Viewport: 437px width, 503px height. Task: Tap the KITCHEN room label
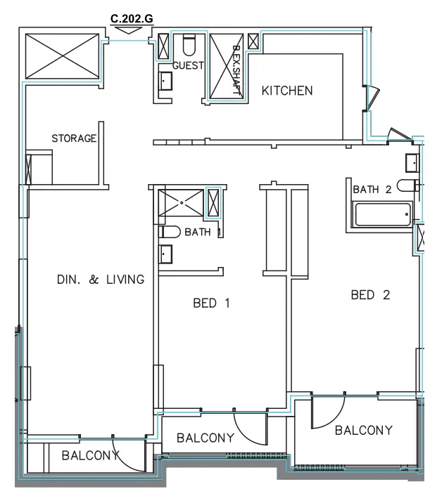tap(287, 91)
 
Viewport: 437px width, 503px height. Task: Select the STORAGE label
tap(74, 138)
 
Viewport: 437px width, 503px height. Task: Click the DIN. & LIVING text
tap(100, 280)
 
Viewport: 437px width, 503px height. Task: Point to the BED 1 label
tap(212, 303)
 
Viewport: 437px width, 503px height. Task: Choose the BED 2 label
tap(370, 295)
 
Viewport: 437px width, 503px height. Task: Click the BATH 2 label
tap(372, 189)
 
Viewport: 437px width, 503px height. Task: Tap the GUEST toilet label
tap(188, 66)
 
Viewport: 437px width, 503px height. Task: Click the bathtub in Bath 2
tap(384, 215)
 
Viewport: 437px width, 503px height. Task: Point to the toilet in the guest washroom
tap(189, 45)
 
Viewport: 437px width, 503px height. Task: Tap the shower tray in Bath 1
tap(182, 202)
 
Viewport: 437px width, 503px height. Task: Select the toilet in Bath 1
tap(171, 231)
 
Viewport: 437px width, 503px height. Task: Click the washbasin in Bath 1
tap(166, 254)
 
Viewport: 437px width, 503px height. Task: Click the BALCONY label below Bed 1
tap(205, 438)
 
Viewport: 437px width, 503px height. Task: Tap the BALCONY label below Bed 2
tap(363, 430)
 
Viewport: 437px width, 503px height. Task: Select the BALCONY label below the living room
tap(89, 455)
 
